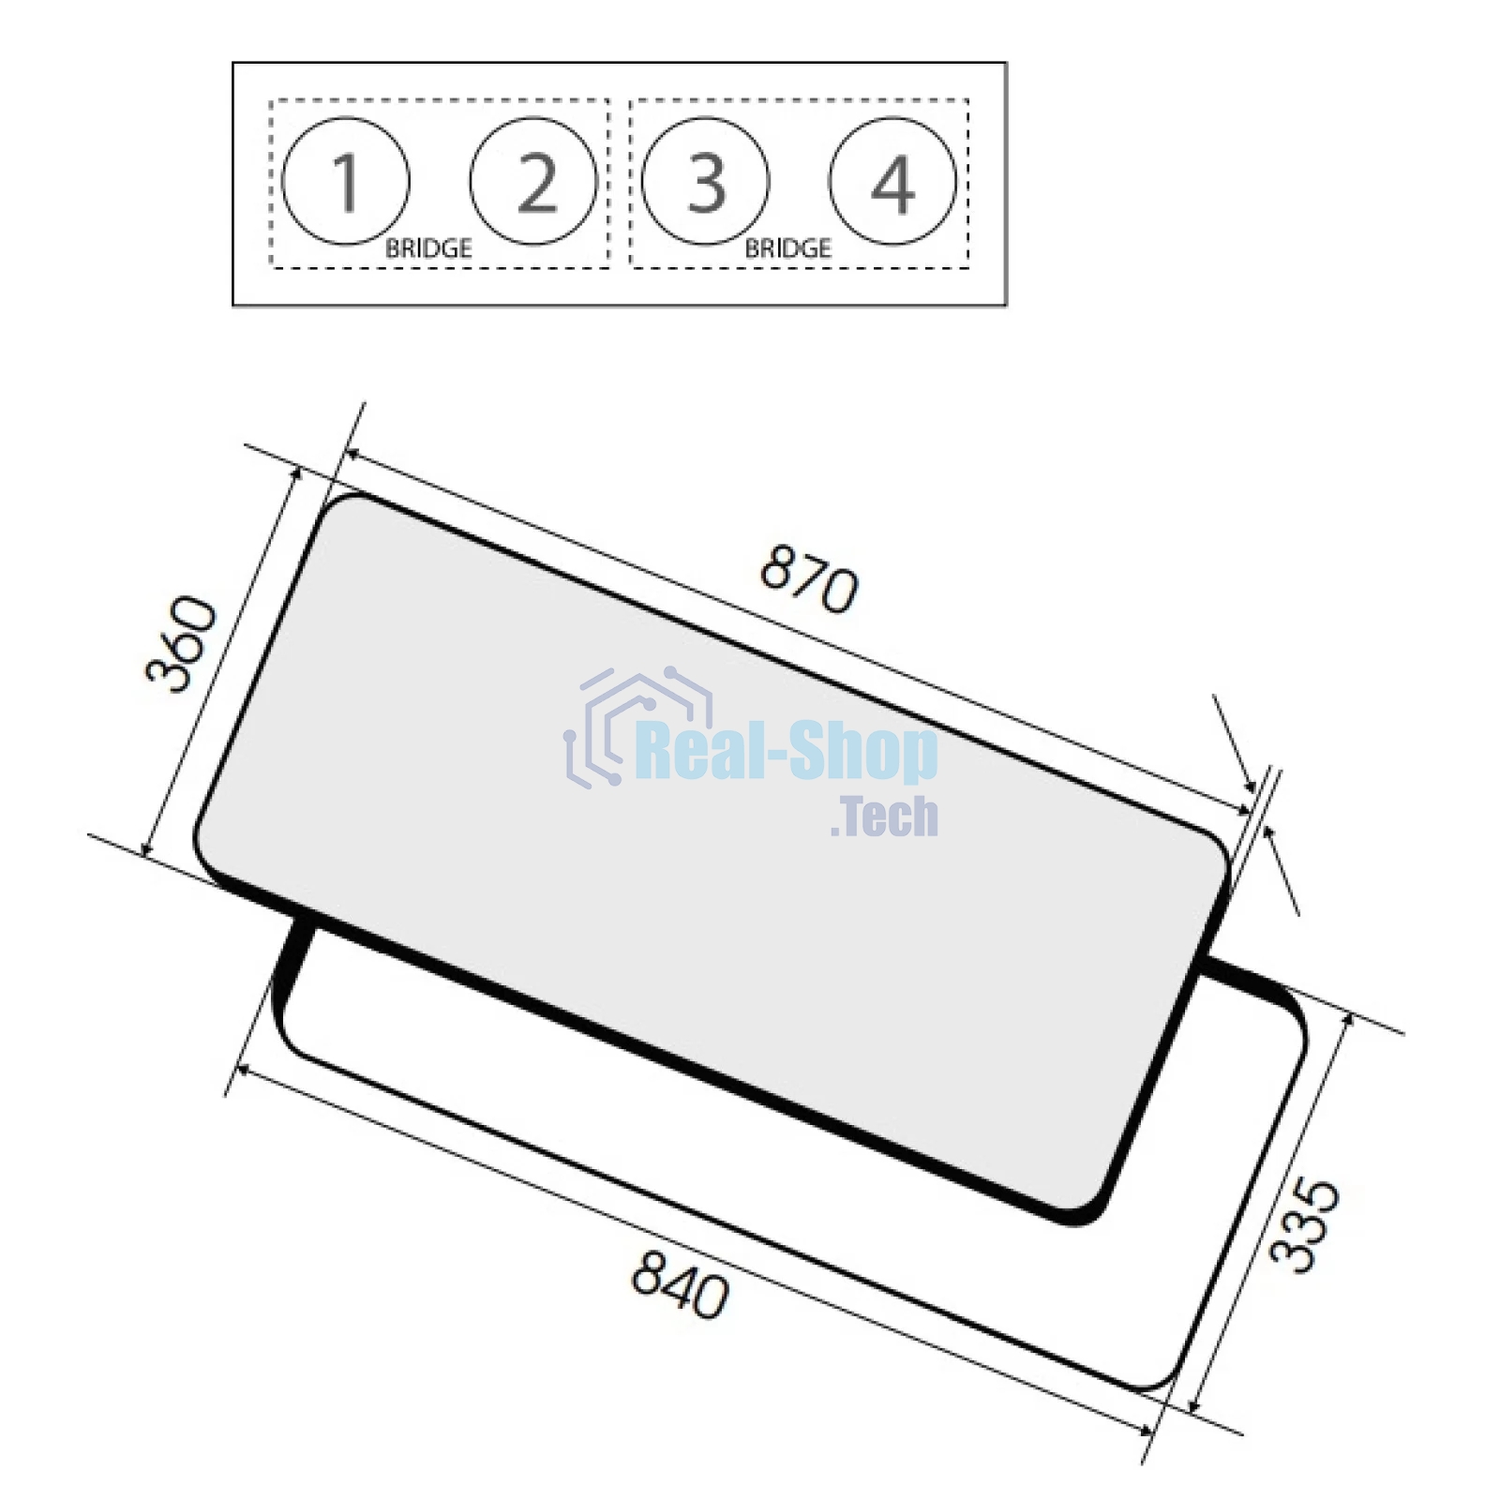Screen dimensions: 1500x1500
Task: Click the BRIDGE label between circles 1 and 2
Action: point(428,248)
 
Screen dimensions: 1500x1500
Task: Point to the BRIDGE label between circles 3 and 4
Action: point(787,248)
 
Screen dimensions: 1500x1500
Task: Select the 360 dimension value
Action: point(182,644)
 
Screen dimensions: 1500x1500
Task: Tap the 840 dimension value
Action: point(680,1284)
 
